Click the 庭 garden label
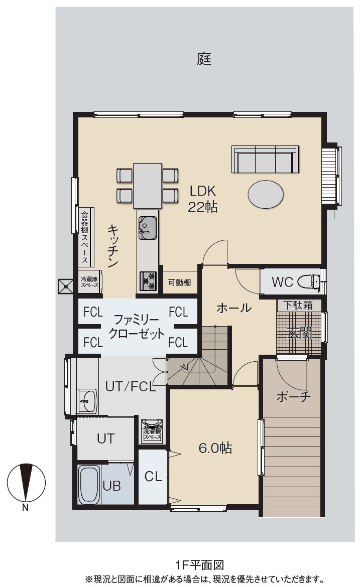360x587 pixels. pos(204,59)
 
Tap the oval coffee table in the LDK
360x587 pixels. pos(266,194)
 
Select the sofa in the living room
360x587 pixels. pos(265,159)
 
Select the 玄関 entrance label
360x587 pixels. pos(299,332)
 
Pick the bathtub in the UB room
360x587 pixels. pos(89,485)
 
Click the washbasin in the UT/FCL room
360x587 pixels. pos(87,400)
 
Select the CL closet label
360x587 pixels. pos(153,477)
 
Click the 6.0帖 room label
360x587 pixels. pos(215,448)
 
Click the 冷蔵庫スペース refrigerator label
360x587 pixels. pos(90,281)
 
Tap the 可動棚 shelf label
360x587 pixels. pos(179,282)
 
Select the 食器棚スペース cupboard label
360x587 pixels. pos(85,238)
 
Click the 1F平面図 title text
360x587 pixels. pos(200,564)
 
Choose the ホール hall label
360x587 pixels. pos(234,308)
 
